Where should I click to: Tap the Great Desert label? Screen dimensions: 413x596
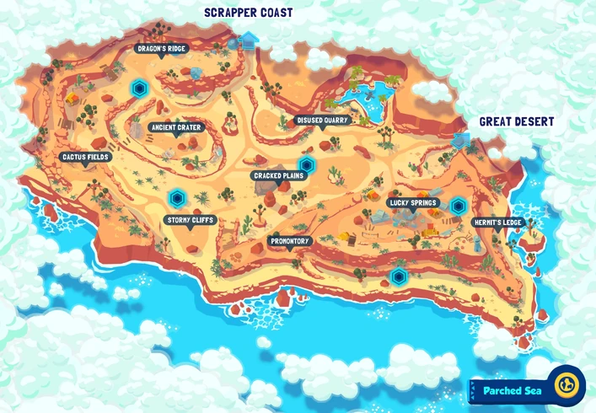tap(516, 122)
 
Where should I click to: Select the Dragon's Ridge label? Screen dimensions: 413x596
tap(160, 49)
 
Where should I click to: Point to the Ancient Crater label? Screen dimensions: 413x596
tap(175, 127)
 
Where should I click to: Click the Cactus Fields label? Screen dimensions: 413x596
tap(85, 157)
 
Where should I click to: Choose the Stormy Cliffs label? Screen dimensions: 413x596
tap(190, 220)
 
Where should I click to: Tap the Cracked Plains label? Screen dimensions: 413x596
tap(277, 176)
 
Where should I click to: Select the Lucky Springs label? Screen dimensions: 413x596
tap(412, 203)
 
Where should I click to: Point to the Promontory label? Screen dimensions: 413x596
tap(291, 241)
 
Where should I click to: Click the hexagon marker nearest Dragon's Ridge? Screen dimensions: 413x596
tap(139, 87)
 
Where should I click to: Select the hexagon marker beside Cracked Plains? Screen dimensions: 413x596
tap(307, 164)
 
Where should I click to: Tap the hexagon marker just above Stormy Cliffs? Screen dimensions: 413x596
tap(176, 199)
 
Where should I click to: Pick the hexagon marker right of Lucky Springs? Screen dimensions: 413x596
tap(458, 205)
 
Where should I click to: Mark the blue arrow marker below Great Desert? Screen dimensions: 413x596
tap(461, 140)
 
